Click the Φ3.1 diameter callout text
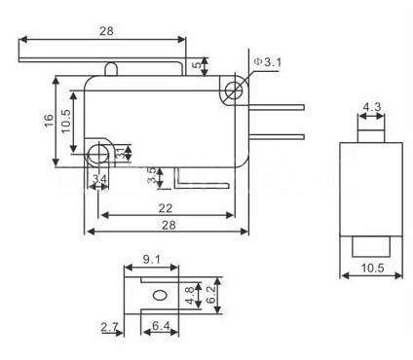click(x=268, y=62)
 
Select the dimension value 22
click(x=165, y=208)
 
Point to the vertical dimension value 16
click(x=49, y=121)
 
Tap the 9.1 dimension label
click(x=152, y=259)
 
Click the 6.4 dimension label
click(x=161, y=325)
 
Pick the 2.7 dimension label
click(x=109, y=327)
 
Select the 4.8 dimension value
click(x=190, y=295)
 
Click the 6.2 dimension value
click(x=210, y=295)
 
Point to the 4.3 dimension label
click(x=372, y=107)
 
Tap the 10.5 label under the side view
click(x=373, y=268)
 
